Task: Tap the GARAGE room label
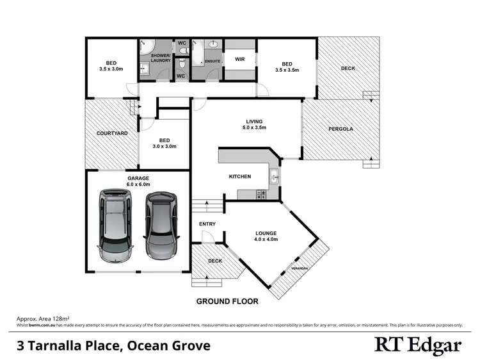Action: tap(139, 179)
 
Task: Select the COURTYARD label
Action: tap(112, 133)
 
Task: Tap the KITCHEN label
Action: tap(240, 177)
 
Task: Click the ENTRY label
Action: tap(207, 224)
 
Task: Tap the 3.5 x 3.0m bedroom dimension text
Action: tap(111, 69)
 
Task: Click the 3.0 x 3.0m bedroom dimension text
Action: tap(164, 146)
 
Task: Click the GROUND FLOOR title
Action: tap(227, 301)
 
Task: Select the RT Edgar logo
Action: tap(417, 345)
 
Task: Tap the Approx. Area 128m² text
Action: tap(42, 318)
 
